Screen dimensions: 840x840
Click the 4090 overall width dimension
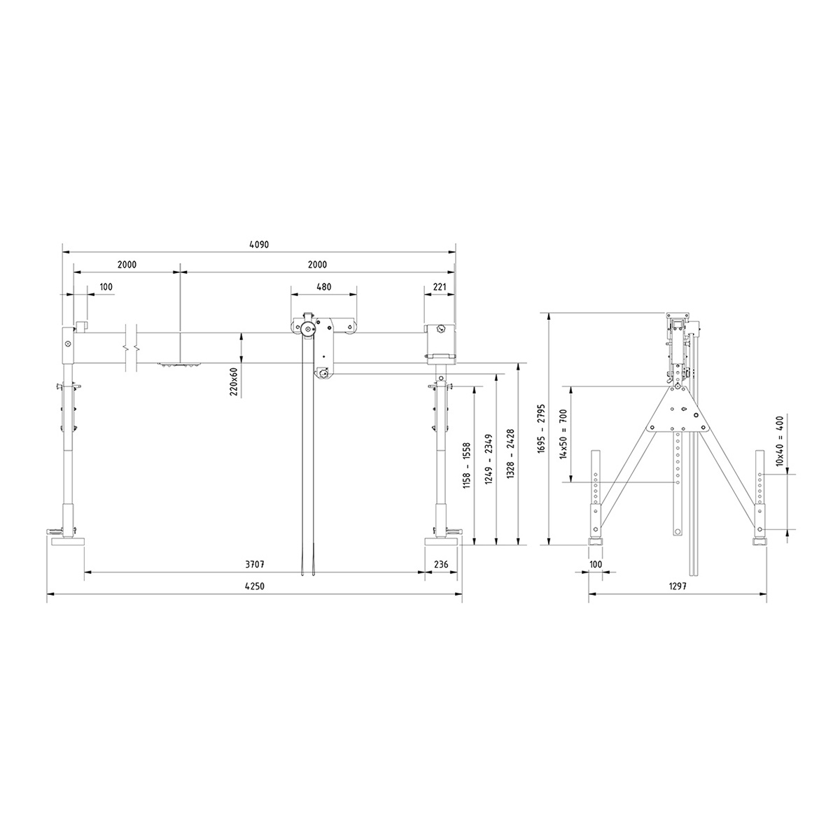[259, 245]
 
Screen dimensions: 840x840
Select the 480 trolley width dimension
[323, 286]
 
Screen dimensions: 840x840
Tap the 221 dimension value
[440, 286]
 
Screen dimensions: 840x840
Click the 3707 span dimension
[254, 564]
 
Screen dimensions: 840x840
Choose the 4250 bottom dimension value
[254, 587]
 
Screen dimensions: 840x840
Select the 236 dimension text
[441, 564]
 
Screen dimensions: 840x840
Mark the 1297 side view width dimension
[676, 587]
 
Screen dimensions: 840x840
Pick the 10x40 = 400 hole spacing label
[780, 439]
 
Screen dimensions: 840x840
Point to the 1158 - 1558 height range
[466, 464]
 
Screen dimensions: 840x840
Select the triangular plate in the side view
[677, 412]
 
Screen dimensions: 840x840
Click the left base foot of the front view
[68, 540]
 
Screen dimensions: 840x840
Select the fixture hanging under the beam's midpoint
[179, 364]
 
